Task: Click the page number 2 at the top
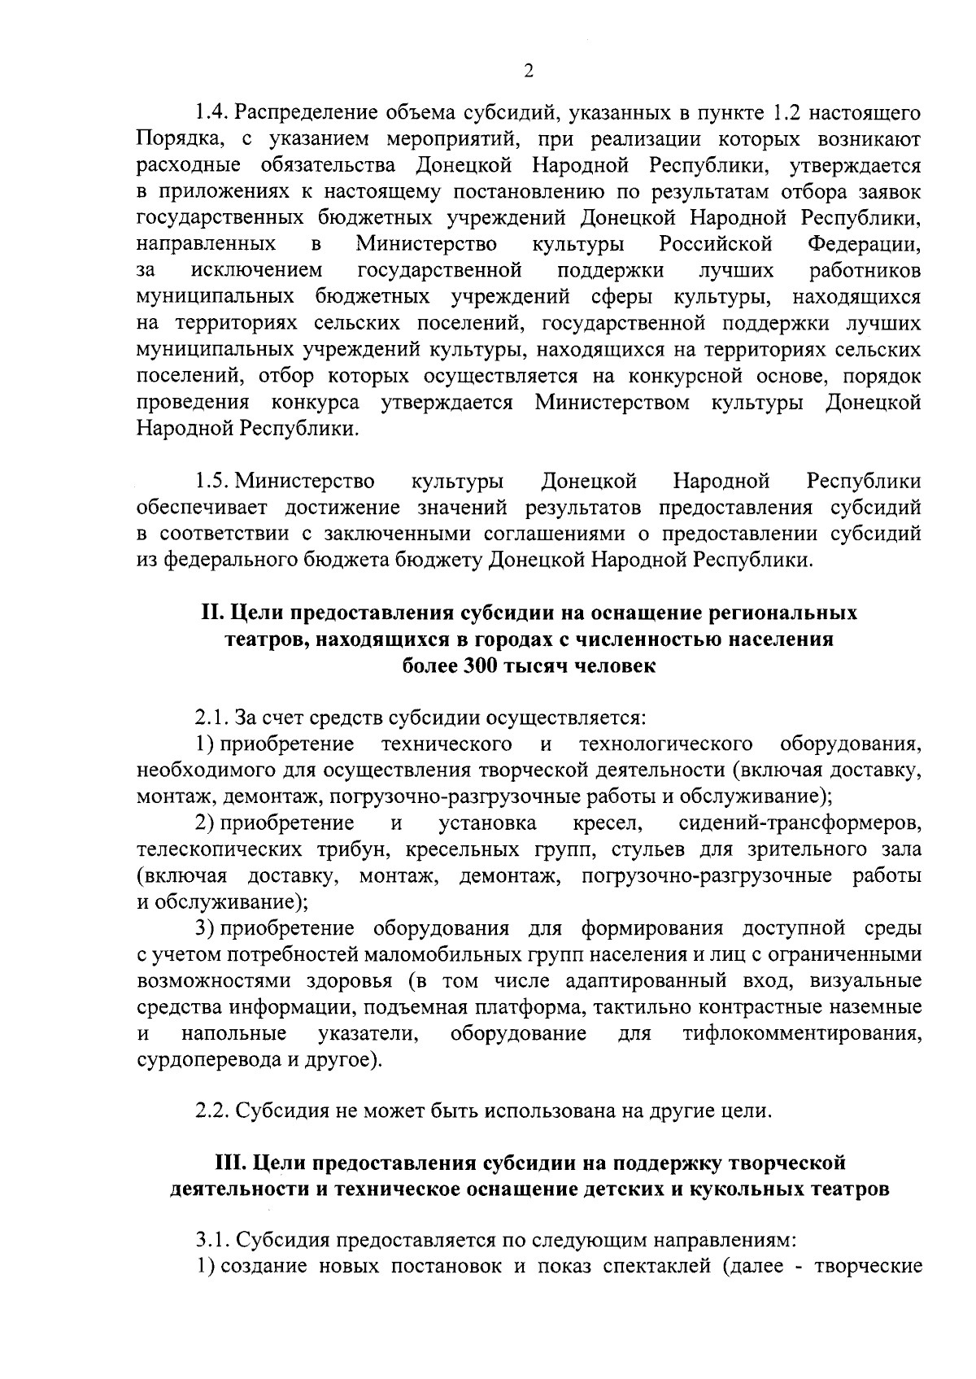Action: point(528,72)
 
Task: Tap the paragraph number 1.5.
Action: point(212,482)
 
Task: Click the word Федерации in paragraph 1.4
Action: point(864,244)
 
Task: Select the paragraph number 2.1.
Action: point(211,718)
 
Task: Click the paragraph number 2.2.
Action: point(211,1111)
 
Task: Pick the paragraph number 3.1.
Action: point(211,1241)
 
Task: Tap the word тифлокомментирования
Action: point(802,1034)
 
